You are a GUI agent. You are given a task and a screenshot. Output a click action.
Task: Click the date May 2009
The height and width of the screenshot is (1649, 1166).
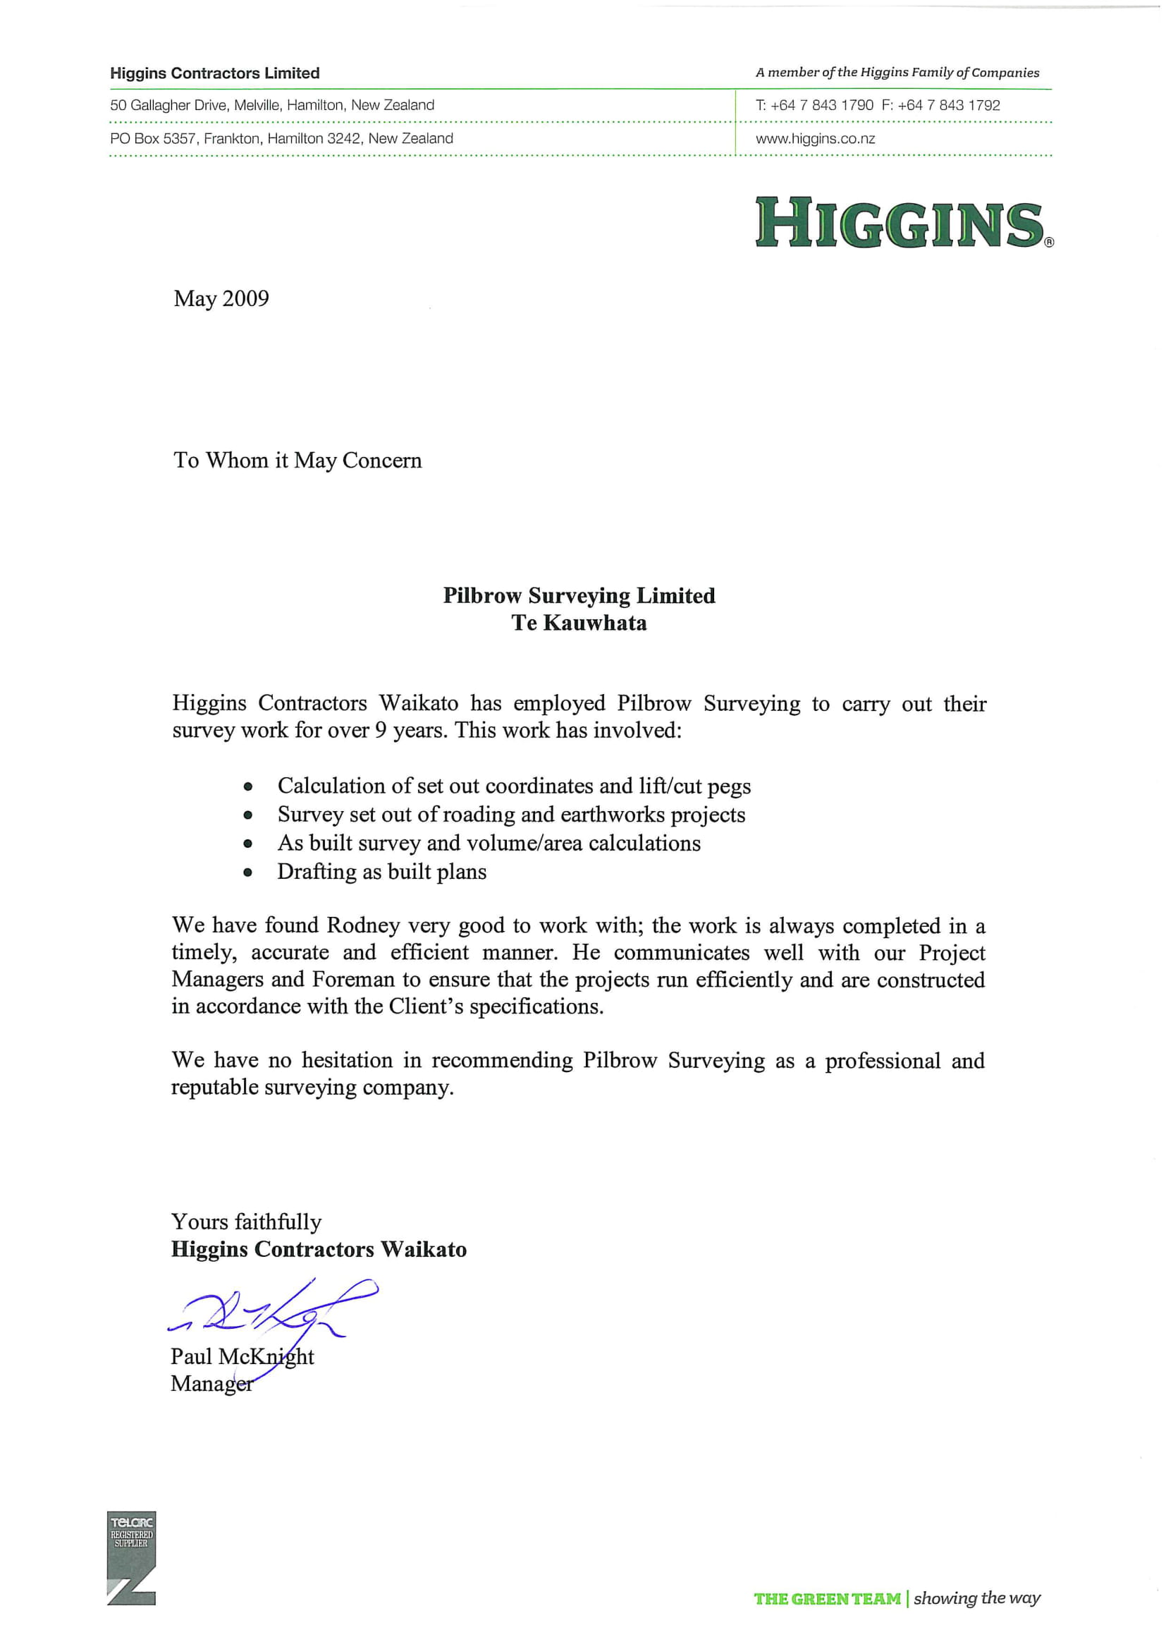point(221,299)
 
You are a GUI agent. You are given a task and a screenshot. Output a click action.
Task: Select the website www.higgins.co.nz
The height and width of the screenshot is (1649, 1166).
point(815,139)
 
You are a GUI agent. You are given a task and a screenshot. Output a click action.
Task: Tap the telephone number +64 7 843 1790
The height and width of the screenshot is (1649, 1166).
point(821,106)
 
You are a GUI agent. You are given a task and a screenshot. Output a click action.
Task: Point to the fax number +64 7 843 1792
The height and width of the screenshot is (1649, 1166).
point(948,106)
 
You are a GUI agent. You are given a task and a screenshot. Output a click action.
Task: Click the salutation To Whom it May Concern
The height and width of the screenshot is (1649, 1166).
point(297,461)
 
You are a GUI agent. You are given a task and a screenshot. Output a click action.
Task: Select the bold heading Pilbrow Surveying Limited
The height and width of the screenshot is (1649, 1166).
point(579,595)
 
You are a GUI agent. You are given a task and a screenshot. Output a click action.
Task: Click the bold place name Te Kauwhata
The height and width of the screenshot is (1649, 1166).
point(579,623)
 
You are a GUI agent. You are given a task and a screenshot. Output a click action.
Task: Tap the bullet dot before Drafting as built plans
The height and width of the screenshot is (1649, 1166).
point(247,873)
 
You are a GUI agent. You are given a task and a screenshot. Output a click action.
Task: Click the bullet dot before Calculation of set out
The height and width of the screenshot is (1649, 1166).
point(247,787)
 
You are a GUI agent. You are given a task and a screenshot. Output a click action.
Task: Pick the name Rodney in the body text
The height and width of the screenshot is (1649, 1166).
point(362,925)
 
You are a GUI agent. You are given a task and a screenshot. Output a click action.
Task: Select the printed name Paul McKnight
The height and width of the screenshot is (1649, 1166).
point(242,1356)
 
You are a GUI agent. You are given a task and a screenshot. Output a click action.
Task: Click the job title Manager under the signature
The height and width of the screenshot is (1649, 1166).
point(211,1383)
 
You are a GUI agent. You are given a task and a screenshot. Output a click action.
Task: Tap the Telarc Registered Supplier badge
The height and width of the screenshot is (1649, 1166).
point(131,1559)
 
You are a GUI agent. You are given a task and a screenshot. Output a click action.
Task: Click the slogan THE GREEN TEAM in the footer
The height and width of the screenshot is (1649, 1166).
point(826,1599)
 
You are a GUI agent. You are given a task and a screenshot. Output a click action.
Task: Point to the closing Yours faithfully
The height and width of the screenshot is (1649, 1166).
point(246,1222)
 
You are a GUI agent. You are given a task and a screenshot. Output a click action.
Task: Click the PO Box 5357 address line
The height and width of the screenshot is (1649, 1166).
point(281,139)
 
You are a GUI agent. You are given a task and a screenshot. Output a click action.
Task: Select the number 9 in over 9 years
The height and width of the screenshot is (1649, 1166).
point(381,731)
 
